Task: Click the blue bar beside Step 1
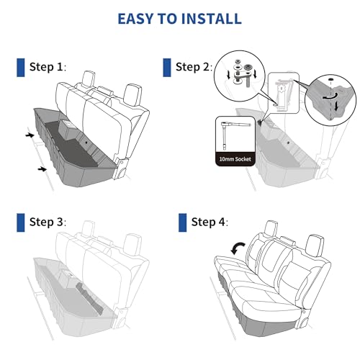pyautogui.click(x=20, y=68)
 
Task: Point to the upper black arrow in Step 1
pyautogui.click(x=28, y=135)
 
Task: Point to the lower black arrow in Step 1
pyautogui.click(x=44, y=169)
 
